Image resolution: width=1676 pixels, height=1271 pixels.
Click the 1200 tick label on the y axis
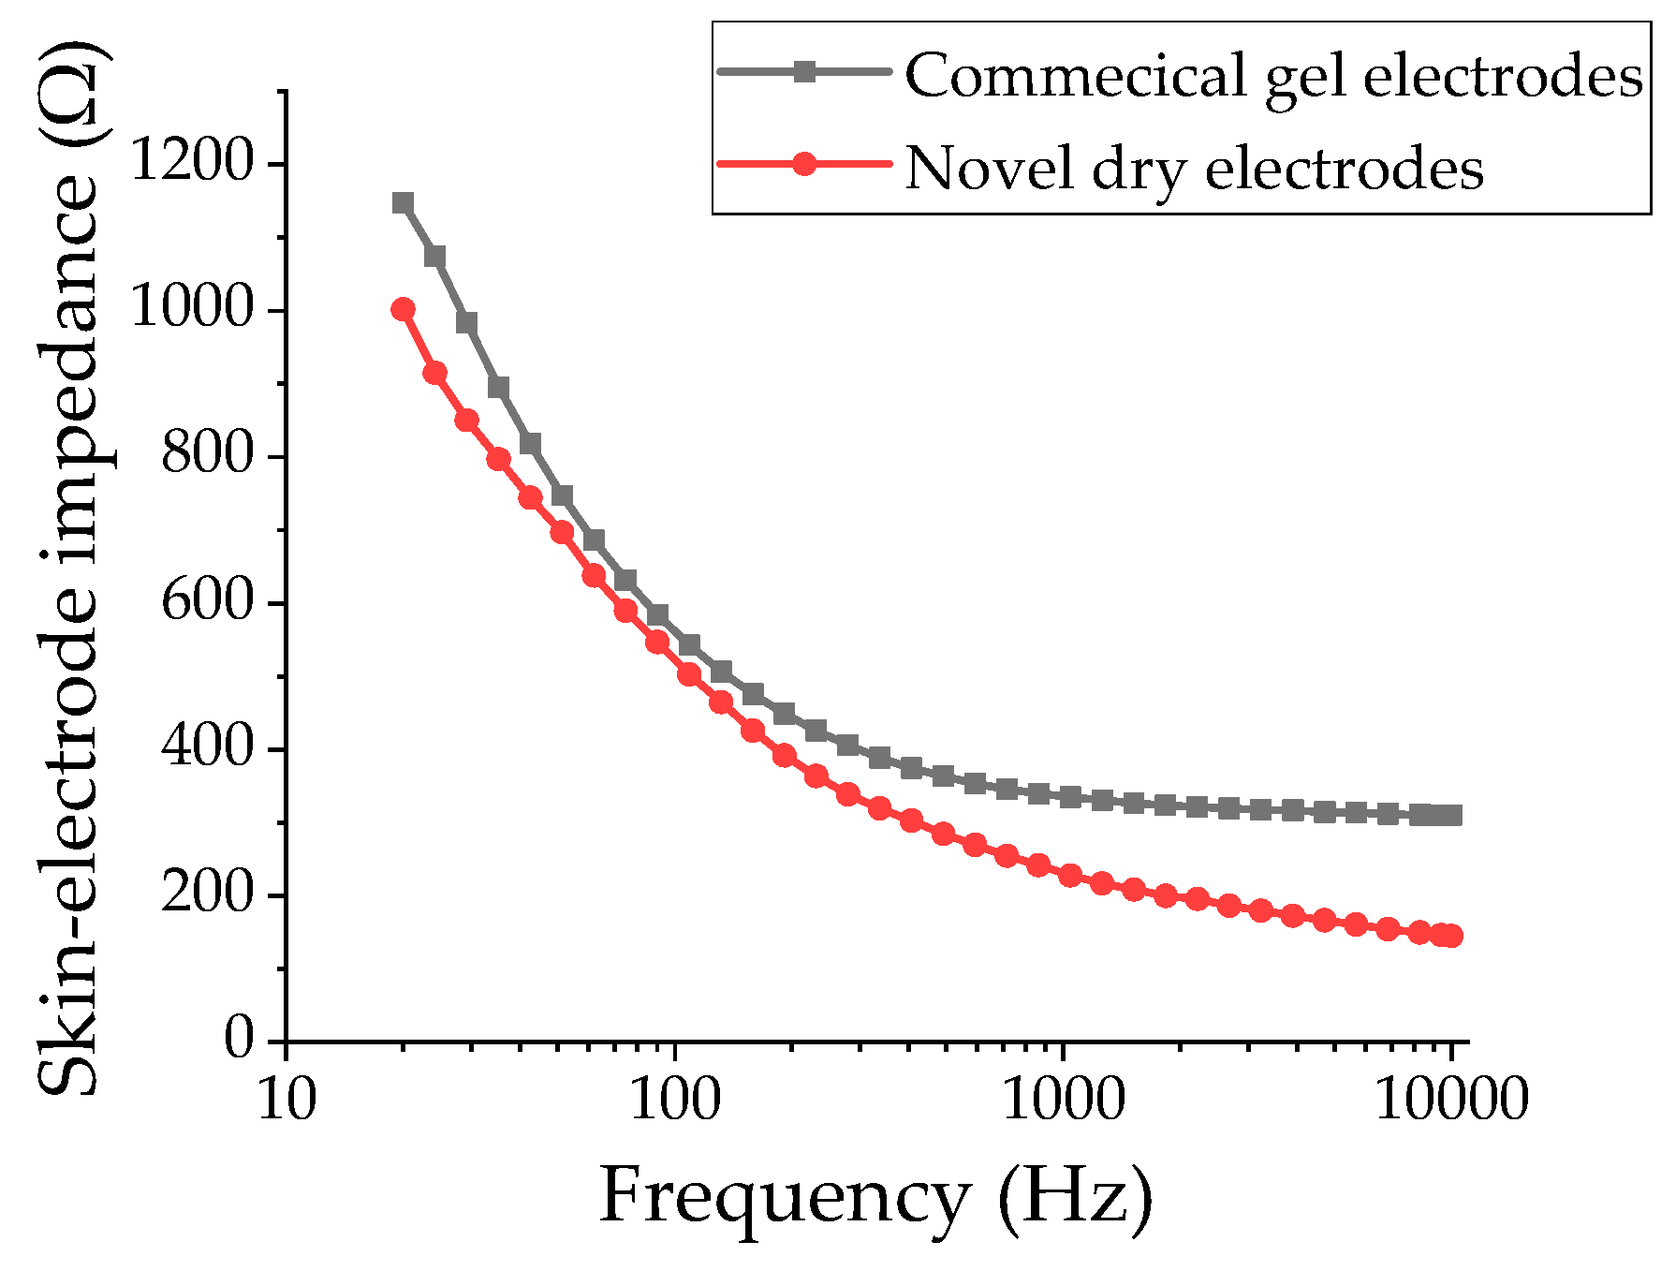(192, 161)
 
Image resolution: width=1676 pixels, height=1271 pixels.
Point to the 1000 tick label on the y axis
(192, 308)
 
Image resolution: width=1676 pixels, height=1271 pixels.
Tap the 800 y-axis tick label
(208, 455)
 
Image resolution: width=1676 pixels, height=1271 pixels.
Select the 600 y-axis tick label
(208, 601)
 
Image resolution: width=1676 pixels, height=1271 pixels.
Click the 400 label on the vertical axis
(208, 747)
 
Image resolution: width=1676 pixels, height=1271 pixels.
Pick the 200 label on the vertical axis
(208, 894)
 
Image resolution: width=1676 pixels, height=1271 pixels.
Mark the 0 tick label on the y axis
(240, 1040)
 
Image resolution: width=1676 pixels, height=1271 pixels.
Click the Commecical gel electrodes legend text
(1273, 75)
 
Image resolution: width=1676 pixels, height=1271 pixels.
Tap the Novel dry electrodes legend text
(1194, 169)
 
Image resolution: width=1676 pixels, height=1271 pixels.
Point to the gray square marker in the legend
(804, 71)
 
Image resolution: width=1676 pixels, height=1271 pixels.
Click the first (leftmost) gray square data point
(403, 203)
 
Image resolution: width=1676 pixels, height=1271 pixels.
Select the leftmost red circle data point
(403, 310)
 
